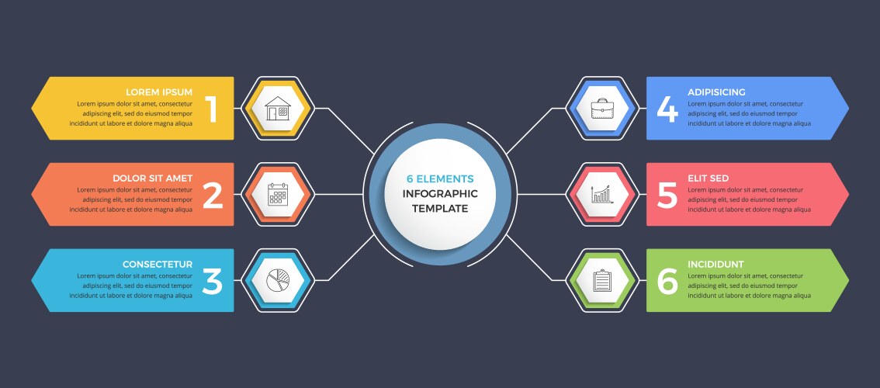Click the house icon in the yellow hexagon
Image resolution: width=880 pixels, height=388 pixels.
tap(278, 108)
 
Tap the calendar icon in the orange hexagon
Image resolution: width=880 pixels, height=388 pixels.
tap(278, 194)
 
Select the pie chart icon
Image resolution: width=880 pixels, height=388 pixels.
tap(278, 280)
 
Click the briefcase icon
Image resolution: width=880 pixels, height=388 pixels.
tap(602, 108)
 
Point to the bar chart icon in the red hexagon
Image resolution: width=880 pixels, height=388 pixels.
tap(602, 194)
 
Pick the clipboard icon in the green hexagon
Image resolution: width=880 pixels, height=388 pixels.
tap(602, 280)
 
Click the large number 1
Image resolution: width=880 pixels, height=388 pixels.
tap(212, 109)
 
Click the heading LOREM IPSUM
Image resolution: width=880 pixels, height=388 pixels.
tap(159, 92)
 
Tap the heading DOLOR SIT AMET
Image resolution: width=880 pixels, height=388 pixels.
tap(152, 178)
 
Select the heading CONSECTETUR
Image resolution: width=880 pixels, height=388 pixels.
tap(158, 264)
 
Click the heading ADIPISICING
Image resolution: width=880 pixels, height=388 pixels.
tap(716, 92)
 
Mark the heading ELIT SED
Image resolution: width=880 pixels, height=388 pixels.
tap(708, 178)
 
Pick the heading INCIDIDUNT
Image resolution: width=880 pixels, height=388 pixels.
tap(715, 264)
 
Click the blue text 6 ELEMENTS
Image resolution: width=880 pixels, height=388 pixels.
tap(440, 178)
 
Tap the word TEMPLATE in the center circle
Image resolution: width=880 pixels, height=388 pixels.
tap(440, 208)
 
